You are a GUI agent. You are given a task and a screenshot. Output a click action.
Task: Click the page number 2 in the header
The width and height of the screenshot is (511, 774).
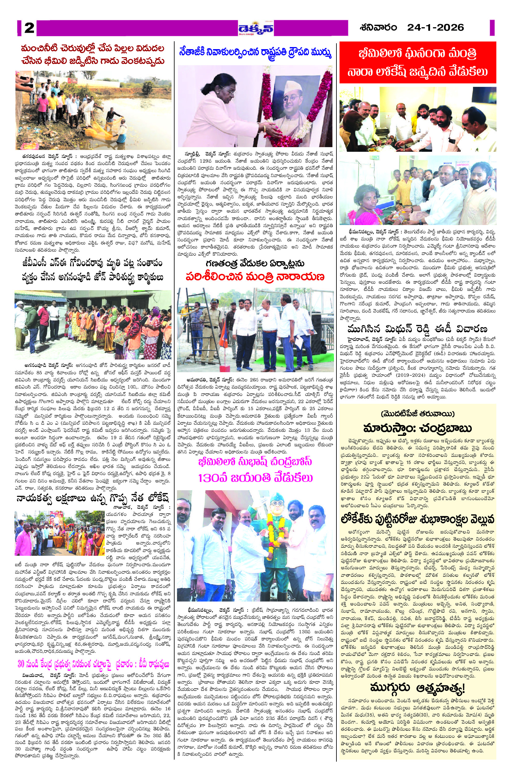29,28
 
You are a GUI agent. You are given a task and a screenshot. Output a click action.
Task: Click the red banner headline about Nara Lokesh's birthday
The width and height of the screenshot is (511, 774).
417,62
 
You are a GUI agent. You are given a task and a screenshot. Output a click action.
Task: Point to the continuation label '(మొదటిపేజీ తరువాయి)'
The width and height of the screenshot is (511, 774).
417,414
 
